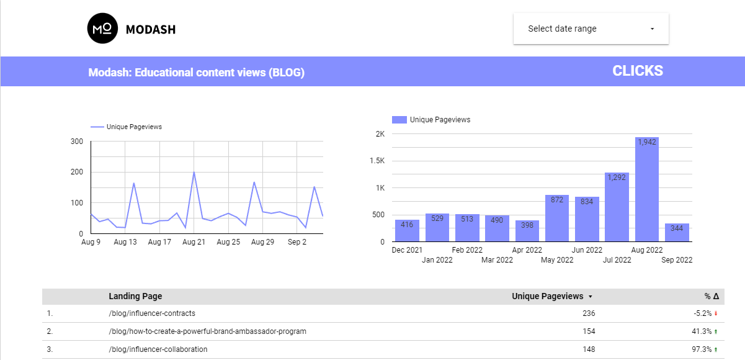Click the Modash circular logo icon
click(102, 29)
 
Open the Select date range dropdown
click(591, 29)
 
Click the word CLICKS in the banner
click(638, 71)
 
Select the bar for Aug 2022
click(647, 189)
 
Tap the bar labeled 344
click(677, 233)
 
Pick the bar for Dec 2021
click(407, 231)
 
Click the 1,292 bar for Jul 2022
click(617, 207)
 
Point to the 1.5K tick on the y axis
click(377, 161)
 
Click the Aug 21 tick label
click(194, 243)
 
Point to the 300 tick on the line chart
click(78, 142)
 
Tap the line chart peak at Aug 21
click(194, 172)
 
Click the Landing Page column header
click(135, 296)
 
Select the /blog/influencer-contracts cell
click(152, 313)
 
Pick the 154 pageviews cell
click(588, 331)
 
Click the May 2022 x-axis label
click(557, 260)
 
